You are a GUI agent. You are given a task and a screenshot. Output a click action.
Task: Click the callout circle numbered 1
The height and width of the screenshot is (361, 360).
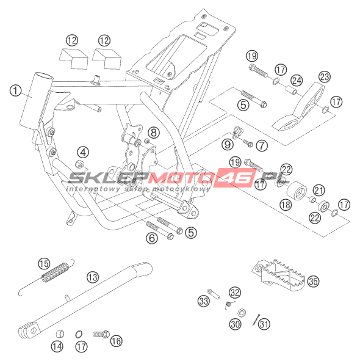[16, 90]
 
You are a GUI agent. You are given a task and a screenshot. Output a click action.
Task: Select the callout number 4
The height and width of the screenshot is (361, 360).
[83, 153]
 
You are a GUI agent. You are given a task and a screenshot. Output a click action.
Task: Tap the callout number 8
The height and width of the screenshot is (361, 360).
[154, 133]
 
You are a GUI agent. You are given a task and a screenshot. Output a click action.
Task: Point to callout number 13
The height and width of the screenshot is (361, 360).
[93, 277]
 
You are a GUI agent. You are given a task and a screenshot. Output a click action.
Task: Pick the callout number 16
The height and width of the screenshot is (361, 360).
[117, 341]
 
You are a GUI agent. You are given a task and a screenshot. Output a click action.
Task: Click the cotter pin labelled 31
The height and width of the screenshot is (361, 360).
[256, 320]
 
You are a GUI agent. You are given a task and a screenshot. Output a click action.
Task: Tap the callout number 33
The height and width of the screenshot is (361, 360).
[204, 301]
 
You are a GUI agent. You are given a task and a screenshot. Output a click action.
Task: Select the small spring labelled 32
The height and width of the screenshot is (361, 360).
[229, 305]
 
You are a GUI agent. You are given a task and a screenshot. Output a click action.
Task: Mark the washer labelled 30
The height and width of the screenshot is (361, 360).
[242, 313]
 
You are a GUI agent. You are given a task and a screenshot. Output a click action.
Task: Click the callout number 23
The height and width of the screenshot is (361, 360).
[325, 77]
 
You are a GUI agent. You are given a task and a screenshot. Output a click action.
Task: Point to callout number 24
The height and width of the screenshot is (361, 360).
[297, 81]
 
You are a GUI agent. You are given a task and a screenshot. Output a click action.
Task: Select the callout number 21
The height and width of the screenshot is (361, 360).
[319, 191]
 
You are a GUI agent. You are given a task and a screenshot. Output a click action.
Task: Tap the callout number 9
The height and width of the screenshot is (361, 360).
[228, 145]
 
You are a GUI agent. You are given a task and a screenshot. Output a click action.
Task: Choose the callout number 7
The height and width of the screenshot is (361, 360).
[262, 145]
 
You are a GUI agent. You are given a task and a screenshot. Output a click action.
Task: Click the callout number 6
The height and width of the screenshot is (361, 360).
[152, 238]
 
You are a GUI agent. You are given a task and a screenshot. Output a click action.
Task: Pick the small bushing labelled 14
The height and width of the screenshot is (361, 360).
[60, 334]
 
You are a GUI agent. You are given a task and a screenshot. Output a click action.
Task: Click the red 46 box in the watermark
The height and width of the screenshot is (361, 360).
[235, 177]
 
